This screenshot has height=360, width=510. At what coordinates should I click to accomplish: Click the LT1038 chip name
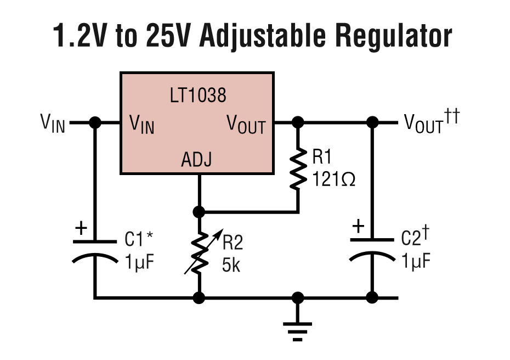[x=197, y=96]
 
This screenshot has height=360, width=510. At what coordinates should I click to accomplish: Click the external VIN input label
[x=53, y=123]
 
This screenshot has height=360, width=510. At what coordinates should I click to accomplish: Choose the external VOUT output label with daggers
[x=430, y=123]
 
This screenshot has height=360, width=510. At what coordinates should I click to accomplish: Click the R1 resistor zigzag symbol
[x=298, y=168]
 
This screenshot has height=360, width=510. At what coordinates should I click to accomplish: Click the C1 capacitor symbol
[x=95, y=249]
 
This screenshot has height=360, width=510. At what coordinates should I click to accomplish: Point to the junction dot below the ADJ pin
[x=199, y=211]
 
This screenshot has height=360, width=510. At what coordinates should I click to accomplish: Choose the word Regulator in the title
[x=394, y=36]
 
